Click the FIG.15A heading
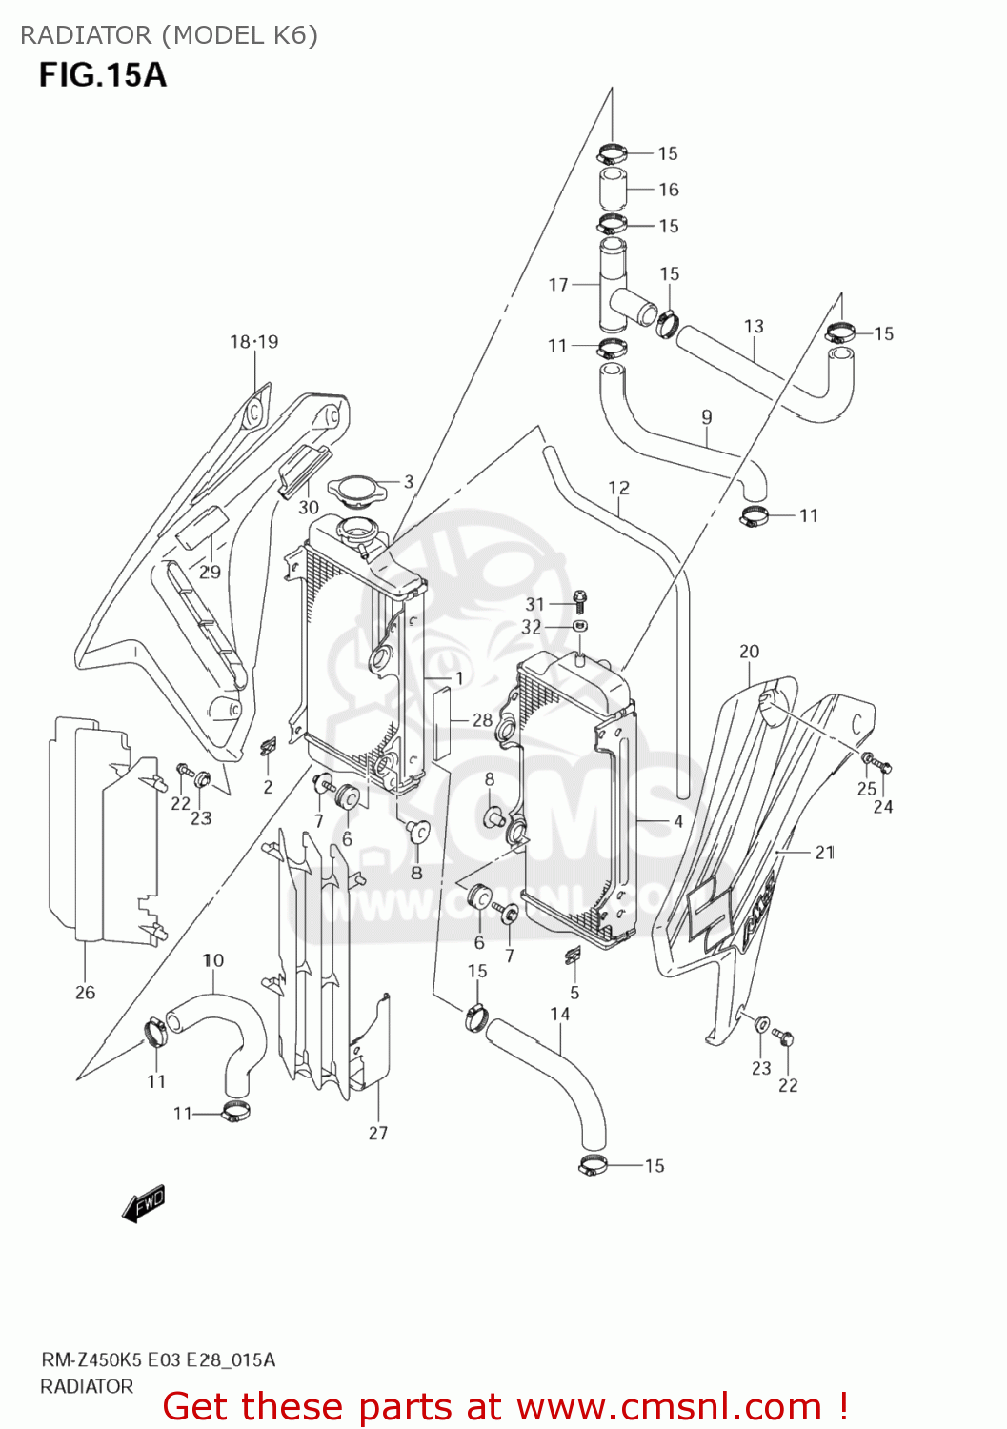(102, 74)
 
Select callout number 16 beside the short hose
(669, 190)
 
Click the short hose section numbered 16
(612, 188)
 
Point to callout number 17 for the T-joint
(558, 284)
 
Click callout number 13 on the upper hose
(754, 326)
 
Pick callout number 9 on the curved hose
(706, 416)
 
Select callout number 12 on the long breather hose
(618, 488)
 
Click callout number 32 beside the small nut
(532, 627)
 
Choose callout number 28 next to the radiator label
(482, 720)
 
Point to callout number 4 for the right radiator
(678, 821)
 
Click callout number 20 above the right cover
(750, 652)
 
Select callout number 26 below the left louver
(86, 993)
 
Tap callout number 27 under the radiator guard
(378, 1133)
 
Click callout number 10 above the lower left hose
(212, 960)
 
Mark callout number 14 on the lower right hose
(560, 1014)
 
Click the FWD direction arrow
(144, 1204)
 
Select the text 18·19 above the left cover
(254, 341)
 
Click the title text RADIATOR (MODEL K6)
(169, 35)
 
